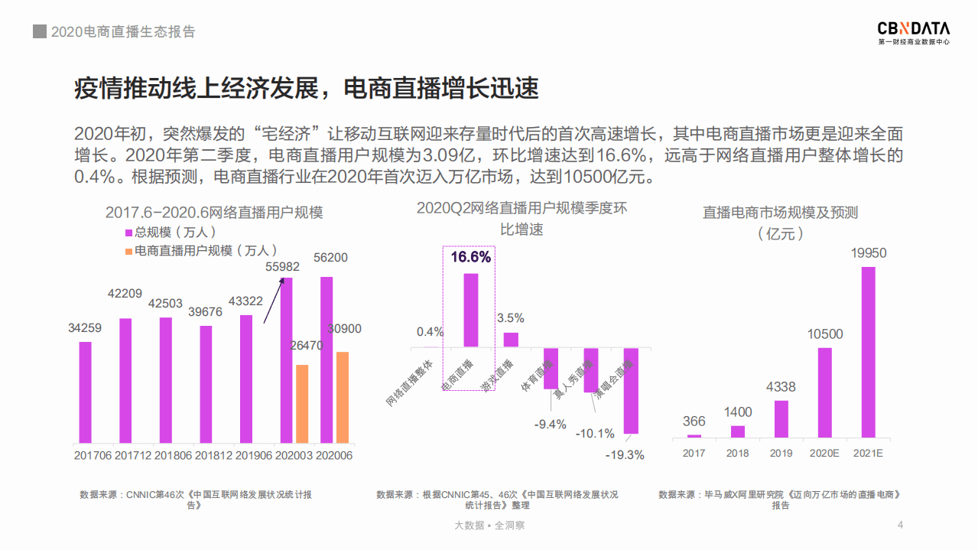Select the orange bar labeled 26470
302,404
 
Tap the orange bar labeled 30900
343,397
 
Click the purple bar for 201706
85,392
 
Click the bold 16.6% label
470,257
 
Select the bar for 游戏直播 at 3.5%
511,340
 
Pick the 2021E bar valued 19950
868,352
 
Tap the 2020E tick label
824,453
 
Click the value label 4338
781,387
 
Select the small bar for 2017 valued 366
694,435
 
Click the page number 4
900,525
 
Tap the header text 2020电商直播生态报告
122,32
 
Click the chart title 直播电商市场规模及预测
780,213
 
